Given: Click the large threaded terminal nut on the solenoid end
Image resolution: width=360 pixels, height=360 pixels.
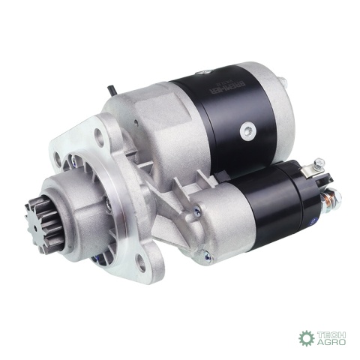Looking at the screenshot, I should (x=331, y=199).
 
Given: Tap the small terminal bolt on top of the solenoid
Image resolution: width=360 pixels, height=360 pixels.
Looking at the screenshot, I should (x=319, y=162).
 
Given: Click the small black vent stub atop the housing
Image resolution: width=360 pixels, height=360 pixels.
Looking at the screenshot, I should (x=111, y=90).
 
